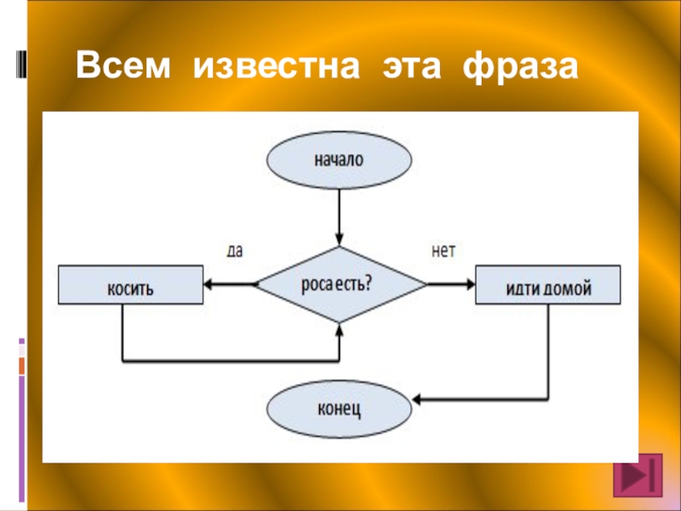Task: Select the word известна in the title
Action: (x=275, y=66)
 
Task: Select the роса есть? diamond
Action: (x=340, y=284)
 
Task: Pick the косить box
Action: (x=130, y=285)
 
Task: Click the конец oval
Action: (x=340, y=409)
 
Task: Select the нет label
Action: (x=444, y=251)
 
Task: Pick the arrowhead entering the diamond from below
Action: (x=340, y=329)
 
